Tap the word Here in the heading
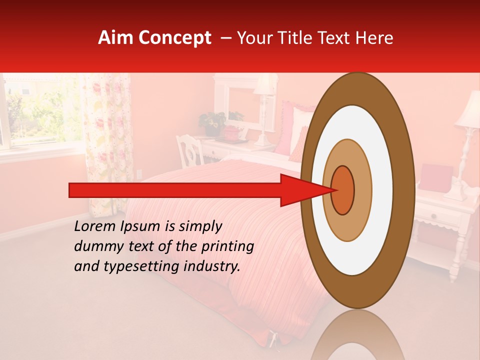374,38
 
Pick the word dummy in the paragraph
95,246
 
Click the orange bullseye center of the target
343,190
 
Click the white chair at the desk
189,150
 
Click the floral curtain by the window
107,130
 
